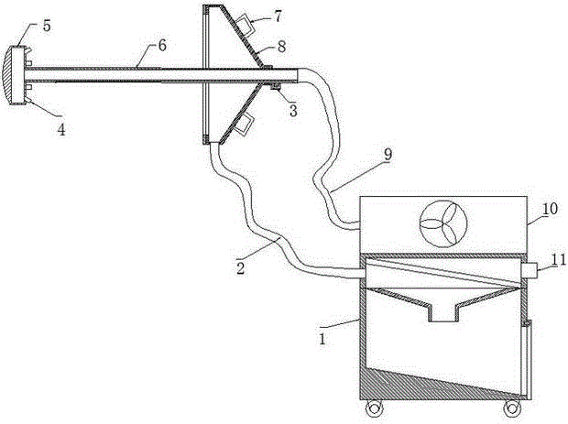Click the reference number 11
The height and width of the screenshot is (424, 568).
(x=555, y=270)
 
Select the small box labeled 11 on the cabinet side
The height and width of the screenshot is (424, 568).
(x=529, y=270)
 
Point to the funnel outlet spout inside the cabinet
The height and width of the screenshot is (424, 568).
(x=445, y=313)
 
